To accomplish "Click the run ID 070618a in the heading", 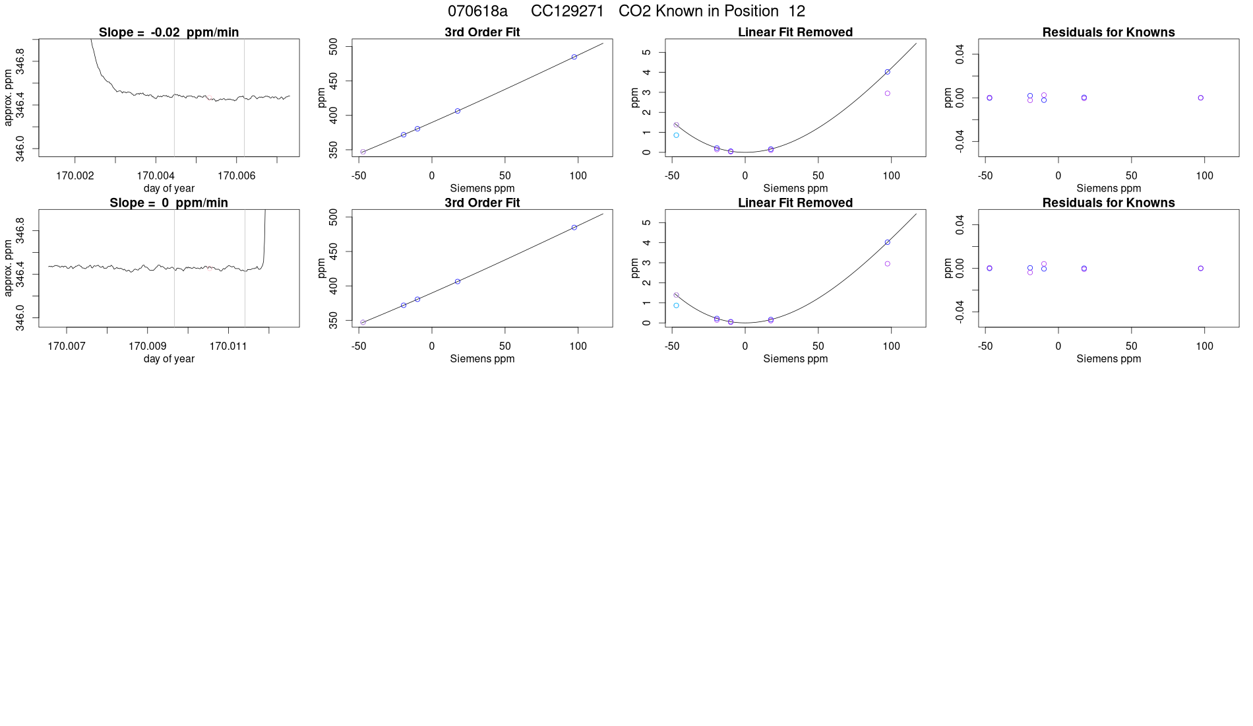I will coord(477,11).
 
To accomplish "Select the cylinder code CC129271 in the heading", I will coord(567,11).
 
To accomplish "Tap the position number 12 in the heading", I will coord(797,11).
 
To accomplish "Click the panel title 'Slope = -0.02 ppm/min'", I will coord(169,32).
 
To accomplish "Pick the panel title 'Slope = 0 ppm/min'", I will coord(169,203).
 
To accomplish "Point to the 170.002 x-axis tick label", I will coord(75,176).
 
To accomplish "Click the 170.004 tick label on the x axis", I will coord(156,176).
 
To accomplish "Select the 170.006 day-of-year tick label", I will coord(236,176).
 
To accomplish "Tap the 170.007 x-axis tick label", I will coord(67,346).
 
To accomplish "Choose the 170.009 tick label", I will coord(147,346).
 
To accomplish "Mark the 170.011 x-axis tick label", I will coord(228,346).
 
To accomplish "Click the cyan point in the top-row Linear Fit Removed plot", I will coord(676,135).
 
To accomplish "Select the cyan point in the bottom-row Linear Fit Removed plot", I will coord(676,306).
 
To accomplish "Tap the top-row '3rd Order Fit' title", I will coord(482,32).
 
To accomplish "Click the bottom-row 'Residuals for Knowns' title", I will coord(1109,203).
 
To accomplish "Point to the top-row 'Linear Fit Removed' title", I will coord(795,32).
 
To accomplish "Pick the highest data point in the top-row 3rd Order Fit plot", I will coord(574,57).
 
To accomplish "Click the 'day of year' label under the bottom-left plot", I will coord(169,359).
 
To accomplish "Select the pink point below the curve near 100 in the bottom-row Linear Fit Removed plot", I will coord(888,264).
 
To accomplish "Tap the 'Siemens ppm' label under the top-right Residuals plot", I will coord(1109,189).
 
